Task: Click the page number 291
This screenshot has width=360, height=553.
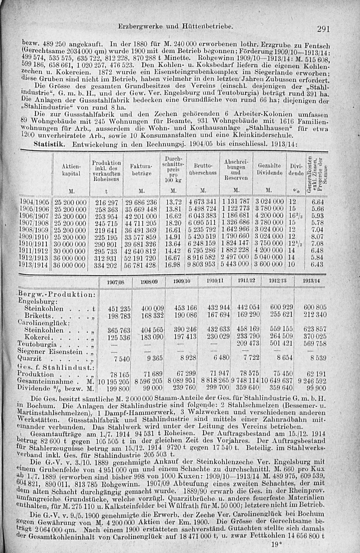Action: [x=324, y=29]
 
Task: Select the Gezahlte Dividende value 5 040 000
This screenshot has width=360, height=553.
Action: [x=269, y=257]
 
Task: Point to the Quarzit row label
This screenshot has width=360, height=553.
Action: [x=30, y=359]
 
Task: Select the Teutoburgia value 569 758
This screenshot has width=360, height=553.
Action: [x=315, y=344]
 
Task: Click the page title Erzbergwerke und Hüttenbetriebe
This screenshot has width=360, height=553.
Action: [x=178, y=26]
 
